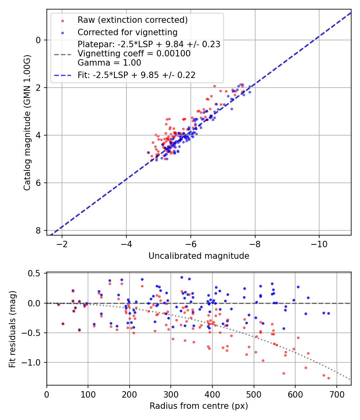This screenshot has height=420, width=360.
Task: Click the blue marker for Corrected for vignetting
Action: point(62,32)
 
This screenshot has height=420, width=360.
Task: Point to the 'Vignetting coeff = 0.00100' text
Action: point(134,54)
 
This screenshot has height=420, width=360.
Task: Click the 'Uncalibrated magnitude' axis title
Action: point(199,256)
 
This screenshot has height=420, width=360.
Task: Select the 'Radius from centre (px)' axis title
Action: point(199,406)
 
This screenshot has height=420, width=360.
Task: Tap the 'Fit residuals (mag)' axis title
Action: point(12,329)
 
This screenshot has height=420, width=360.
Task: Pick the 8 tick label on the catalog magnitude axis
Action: point(38,230)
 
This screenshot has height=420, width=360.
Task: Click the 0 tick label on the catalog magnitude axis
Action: point(38,40)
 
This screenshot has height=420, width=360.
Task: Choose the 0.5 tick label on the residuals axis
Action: point(36,274)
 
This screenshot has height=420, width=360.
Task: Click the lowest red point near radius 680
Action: point(328,378)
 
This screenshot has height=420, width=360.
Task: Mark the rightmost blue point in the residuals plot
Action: point(328,313)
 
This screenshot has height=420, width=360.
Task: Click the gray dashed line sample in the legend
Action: point(62,54)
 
